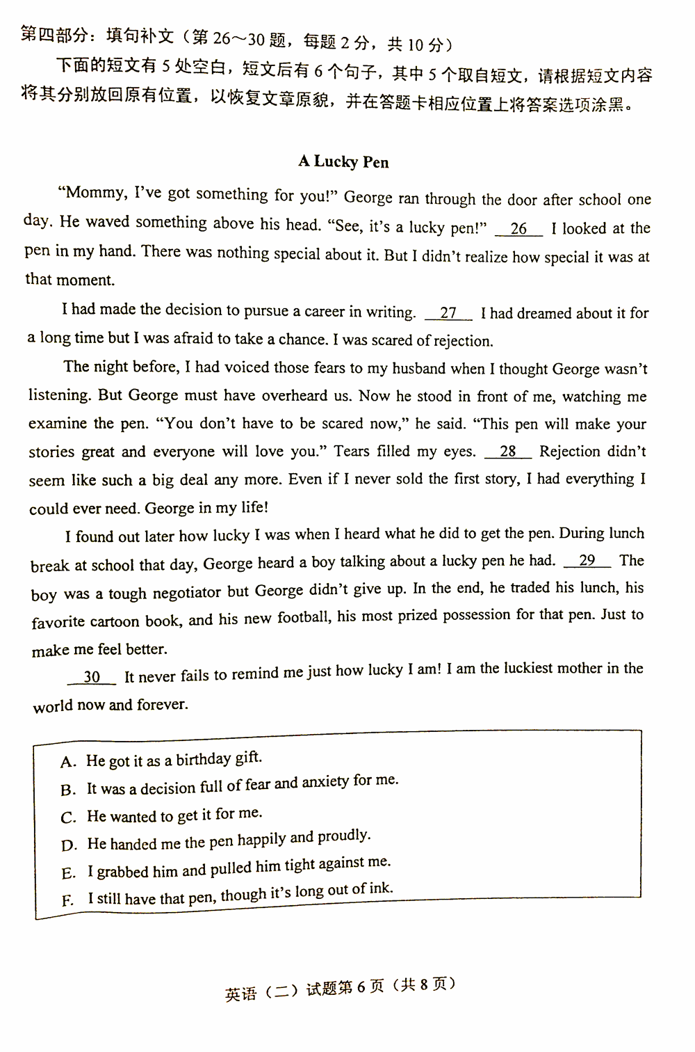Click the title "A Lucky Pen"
pyautogui.click(x=343, y=161)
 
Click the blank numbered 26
pyautogui.click(x=518, y=229)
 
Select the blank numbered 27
pyautogui.click(x=448, y=313)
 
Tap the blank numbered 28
pyautogui.click(x=508, y=452)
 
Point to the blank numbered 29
pyautogui.click(x=587, y=561)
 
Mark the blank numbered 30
pyautogui.click(x=92, y=677)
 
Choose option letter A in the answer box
pyautogui.click(x=67, y=763)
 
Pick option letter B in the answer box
pyautogui.click(x=68, y=790)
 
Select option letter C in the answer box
pyautogui.click(x=68, y=818)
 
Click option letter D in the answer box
pyautogui.click(x=69, y=846)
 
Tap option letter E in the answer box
pyautogui.click(x=68, y=874)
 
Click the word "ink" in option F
pyautogui.click(x=379, y=888)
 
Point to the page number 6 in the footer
pyautogui.click(x=361, y=987)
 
